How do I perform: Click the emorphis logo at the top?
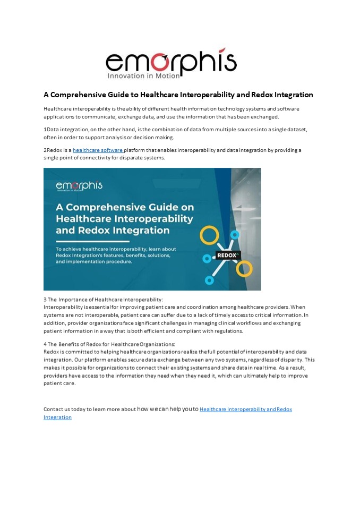[171, 62]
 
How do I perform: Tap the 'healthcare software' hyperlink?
[98, 150]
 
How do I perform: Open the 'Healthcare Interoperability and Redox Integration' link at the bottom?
[246, 410]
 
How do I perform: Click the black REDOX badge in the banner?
[228, 255]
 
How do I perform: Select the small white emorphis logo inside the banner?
[79, 186]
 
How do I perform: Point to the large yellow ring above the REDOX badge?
[209, 235]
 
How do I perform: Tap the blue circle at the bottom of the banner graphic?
[209, 279]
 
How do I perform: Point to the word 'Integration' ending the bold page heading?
[292, 95]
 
